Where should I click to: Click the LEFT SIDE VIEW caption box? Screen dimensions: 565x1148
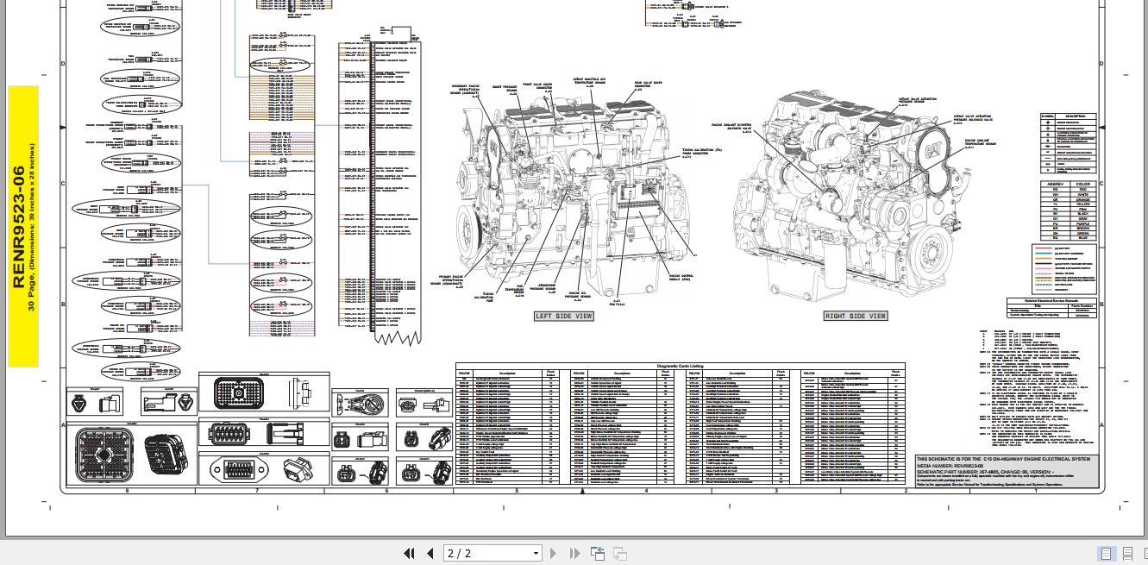563,317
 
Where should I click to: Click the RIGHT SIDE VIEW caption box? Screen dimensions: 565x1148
856,317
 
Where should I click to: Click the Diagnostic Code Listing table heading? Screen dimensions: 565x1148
680,367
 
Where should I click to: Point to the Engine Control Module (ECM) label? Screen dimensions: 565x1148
681,278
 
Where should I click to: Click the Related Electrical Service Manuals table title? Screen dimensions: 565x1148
1052,301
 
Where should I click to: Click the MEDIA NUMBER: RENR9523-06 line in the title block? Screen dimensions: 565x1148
949,465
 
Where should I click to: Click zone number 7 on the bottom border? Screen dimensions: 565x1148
256,491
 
